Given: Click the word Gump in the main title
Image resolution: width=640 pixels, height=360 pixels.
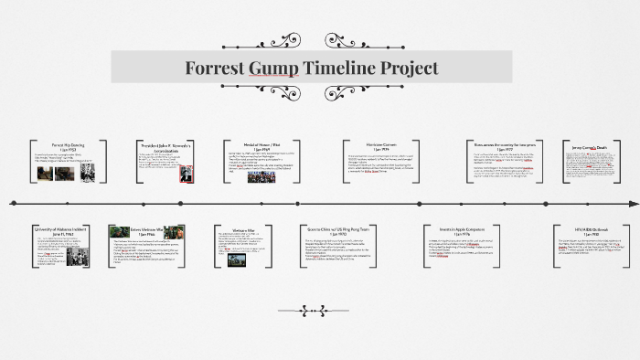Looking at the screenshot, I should tap(272, 68).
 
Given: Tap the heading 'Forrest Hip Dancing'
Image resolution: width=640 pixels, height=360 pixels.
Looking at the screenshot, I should tap(68, 144).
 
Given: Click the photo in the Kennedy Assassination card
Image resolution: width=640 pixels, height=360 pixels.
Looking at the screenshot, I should tap(186, 171).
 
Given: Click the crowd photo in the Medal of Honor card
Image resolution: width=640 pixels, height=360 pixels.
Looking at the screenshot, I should tap(261, 176).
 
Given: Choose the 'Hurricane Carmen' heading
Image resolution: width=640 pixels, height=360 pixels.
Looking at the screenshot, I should tap(370, 144).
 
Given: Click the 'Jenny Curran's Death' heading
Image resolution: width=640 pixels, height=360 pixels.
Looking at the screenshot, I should tap(588, 147).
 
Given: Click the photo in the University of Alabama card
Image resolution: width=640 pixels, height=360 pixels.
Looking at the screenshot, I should tap(77, 256).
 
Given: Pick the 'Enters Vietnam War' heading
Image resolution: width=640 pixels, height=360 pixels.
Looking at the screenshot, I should tap(146, 229).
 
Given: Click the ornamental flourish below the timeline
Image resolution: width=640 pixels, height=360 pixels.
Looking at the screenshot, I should tap(320, 309).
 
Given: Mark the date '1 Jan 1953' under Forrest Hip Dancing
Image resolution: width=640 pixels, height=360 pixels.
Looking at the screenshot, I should tap(68, 149).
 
